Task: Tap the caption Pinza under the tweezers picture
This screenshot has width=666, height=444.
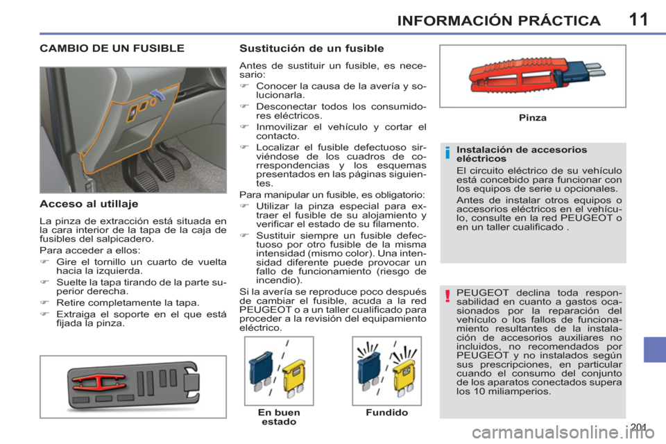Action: pos(533,118)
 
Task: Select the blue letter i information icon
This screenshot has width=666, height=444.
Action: pos(447,153)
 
